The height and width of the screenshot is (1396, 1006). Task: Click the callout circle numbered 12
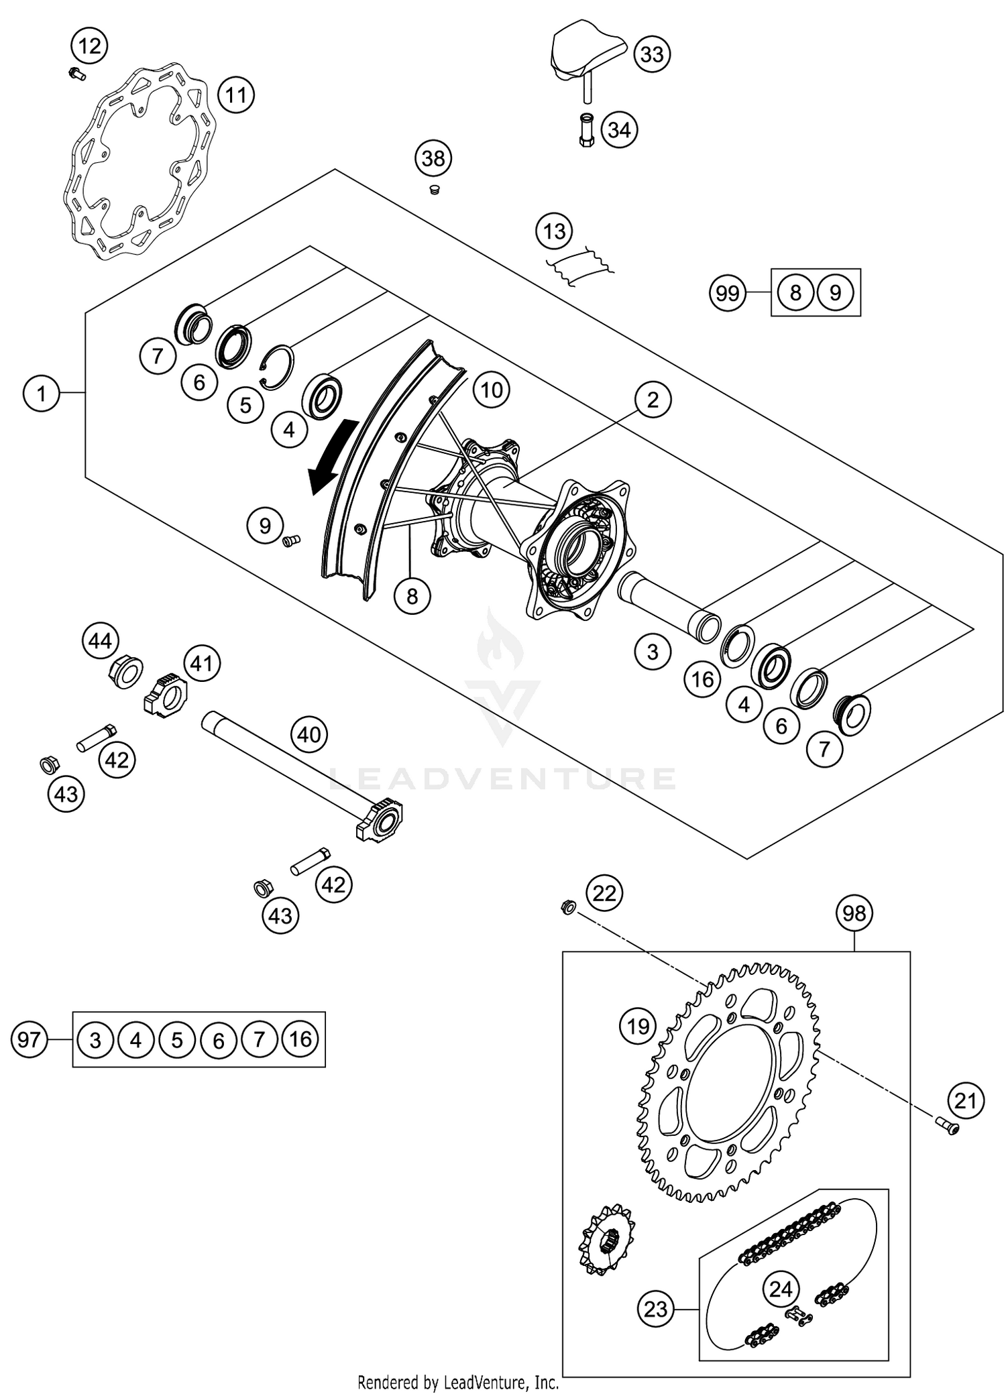tap(89, 46)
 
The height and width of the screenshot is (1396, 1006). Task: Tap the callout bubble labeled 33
tap(652, 54)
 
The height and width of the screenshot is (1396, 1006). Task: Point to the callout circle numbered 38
tap(433, 159)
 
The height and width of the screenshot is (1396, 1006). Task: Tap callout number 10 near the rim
tap(492, 390)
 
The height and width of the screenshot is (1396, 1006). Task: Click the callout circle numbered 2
tap(653, 400)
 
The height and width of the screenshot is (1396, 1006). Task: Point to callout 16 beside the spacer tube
tap(702, 680)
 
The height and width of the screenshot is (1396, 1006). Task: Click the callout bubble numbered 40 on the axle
tap(309, 734)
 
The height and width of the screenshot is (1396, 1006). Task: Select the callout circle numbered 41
tap(202, 663)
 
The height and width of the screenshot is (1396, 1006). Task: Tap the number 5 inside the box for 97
tap(177, 1040)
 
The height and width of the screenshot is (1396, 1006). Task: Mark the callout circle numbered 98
tap(854, 913)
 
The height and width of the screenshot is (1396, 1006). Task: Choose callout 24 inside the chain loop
tap(781, 1289)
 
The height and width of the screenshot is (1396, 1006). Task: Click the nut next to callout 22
tap(567, 908)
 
